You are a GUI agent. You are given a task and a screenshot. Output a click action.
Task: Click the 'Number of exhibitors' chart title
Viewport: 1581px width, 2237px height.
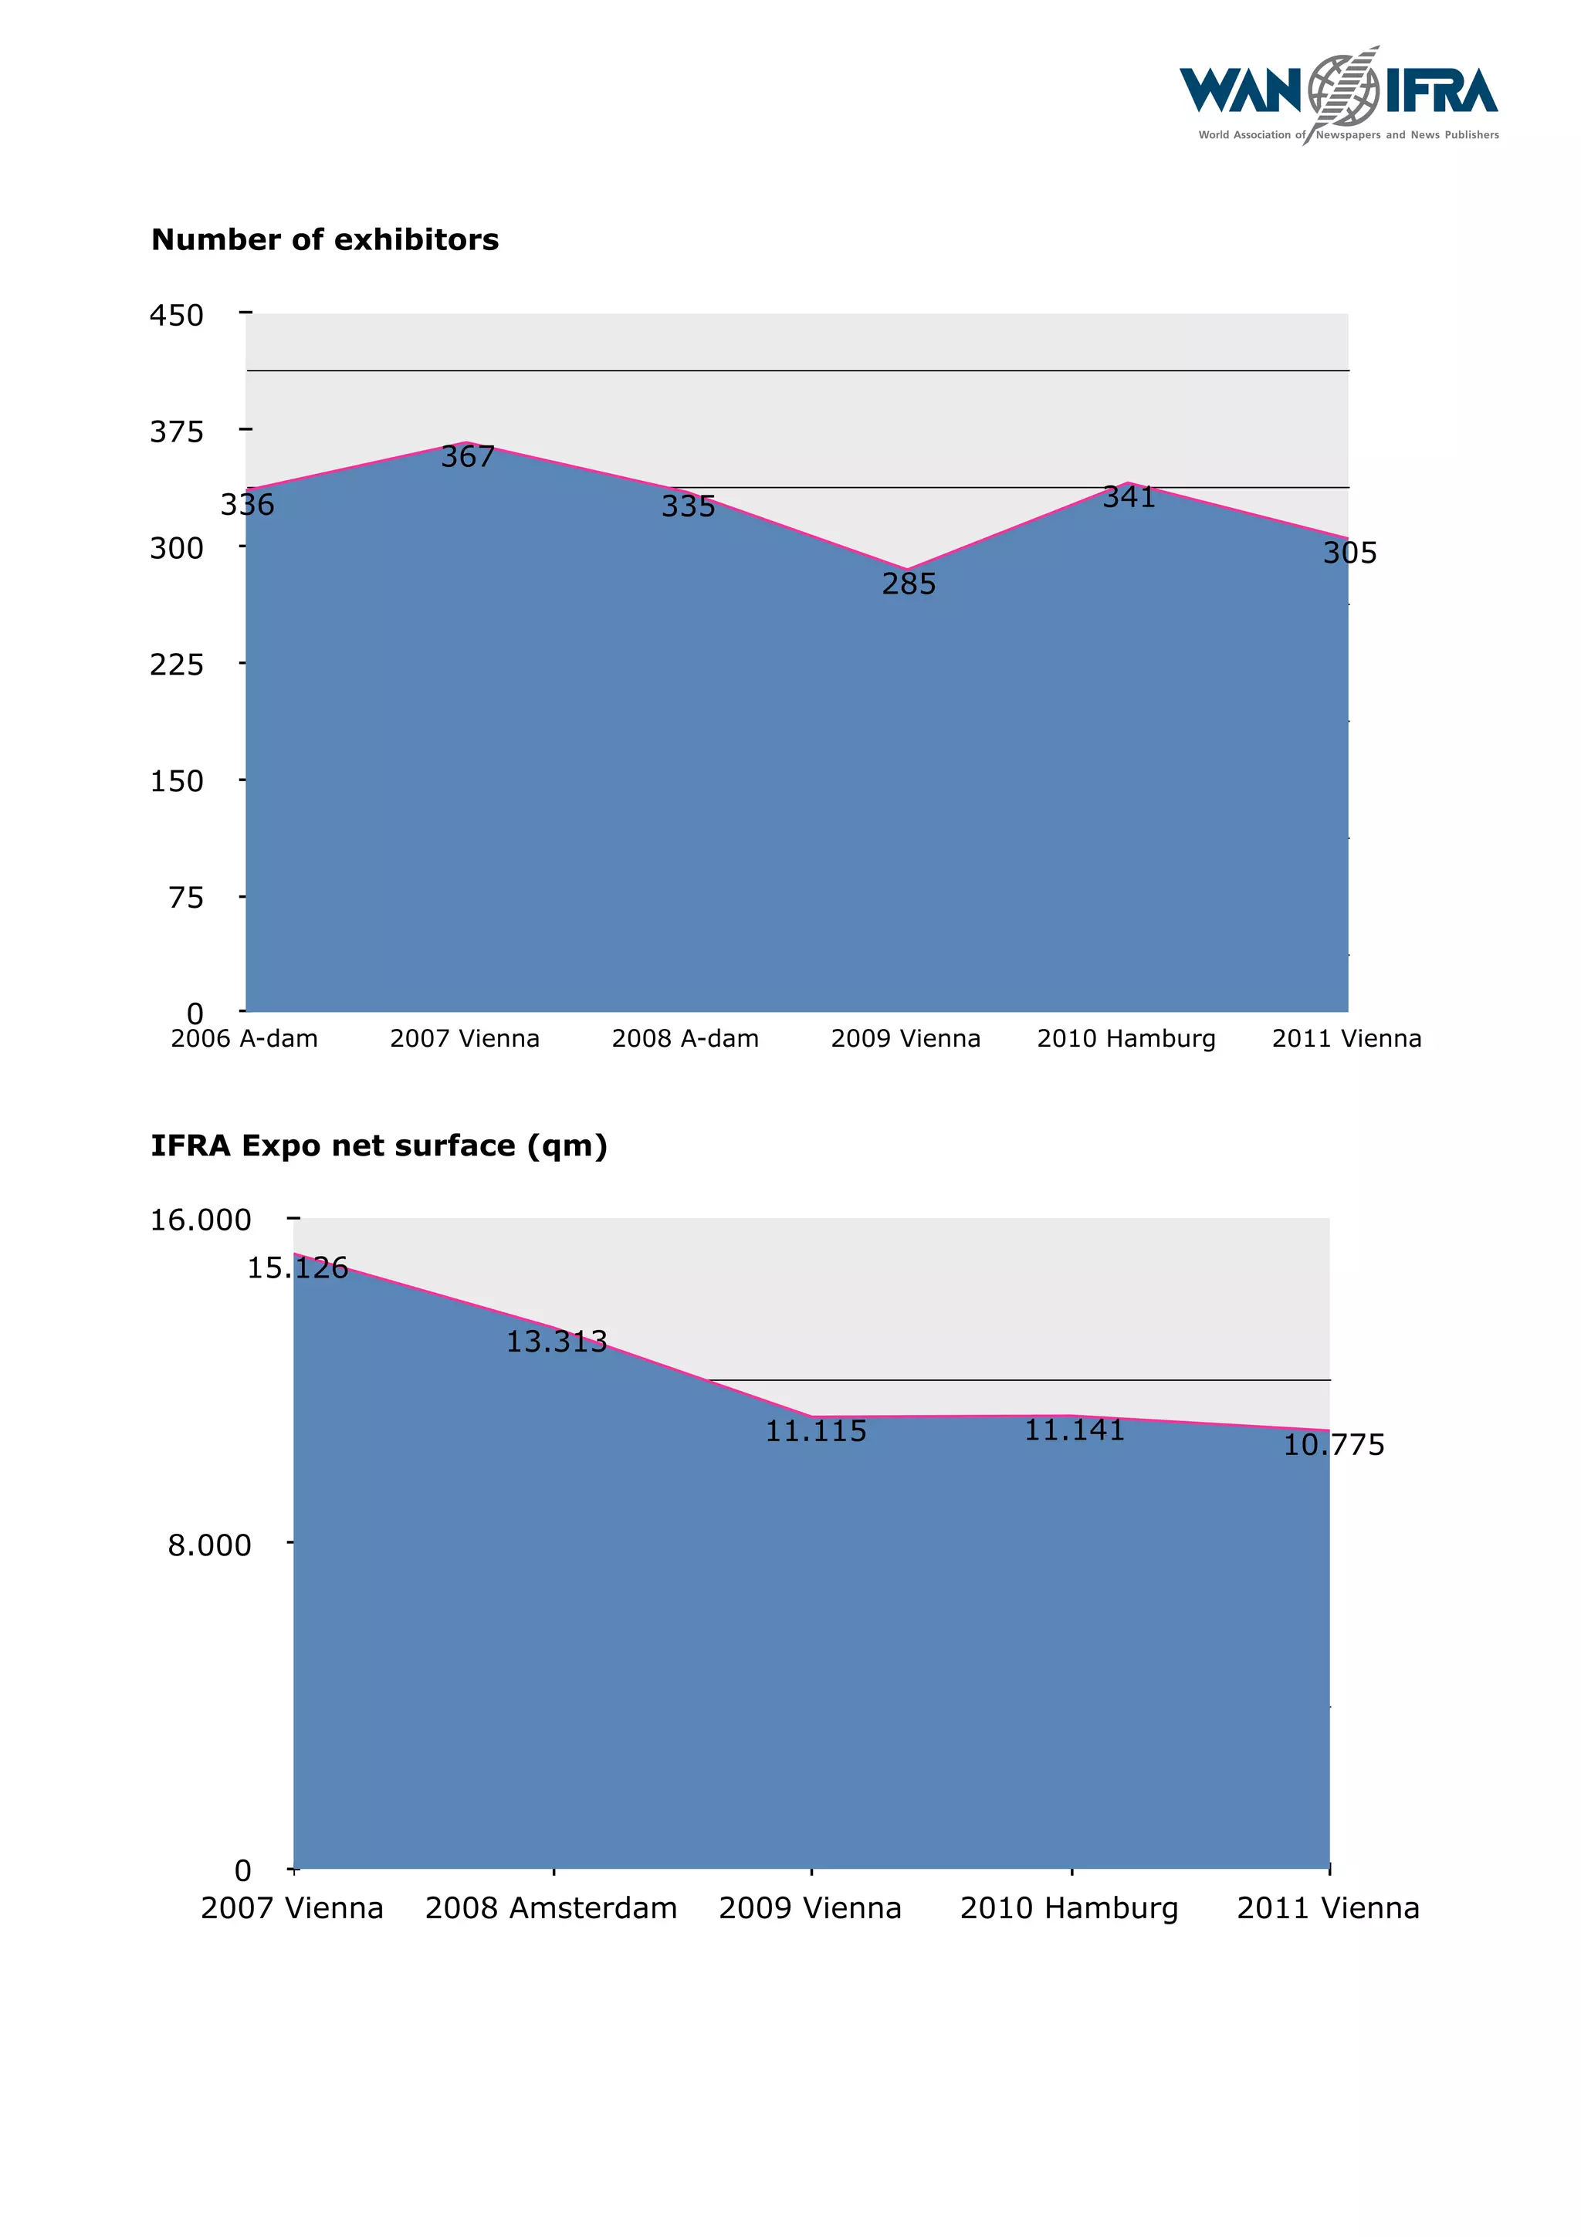[x=324, y=239]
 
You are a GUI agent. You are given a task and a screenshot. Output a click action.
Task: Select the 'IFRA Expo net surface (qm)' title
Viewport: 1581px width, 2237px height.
[x=379, y=1145]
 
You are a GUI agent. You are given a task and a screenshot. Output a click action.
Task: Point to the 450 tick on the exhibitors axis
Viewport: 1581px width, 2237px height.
[x=176, y=315]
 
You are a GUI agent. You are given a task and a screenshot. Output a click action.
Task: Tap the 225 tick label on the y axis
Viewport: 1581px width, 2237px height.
[x=176, y=665]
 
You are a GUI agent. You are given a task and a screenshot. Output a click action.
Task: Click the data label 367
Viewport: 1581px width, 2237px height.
[x=468, y=457]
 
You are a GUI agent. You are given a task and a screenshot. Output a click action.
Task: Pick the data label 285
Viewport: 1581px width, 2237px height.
[x=908, y=584]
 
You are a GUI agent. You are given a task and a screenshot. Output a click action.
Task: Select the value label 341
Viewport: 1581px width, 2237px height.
[x=1128, y=497]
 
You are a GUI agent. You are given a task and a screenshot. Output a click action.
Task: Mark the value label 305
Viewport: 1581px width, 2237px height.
[x=1349, y=553]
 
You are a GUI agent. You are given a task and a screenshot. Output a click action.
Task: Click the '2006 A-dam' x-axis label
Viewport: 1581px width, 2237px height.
[x=245, y=1039]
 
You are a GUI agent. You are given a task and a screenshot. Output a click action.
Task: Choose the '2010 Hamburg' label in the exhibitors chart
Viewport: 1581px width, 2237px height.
[x=1126, y=1039]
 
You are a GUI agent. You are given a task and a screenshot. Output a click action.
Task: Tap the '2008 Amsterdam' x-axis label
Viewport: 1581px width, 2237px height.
[x=551, y=1907]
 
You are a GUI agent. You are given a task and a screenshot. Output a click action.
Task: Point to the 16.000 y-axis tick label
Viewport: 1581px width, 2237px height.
[x=201, y=1220]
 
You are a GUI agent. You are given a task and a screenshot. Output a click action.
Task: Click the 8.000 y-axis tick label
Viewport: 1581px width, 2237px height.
[x=209, y=1545]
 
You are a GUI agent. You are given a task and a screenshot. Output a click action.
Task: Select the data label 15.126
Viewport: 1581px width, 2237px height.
[x=297, y=1267]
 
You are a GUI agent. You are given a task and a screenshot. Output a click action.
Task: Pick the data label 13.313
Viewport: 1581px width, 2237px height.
[x=557, y=1342]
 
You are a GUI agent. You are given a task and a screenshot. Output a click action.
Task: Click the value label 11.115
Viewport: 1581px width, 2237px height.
[x=815, y=1431]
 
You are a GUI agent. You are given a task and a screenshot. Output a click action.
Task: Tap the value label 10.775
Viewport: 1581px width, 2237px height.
[x=1332, y=1445]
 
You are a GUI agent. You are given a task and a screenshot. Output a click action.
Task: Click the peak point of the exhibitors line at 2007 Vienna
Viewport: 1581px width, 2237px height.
[x=465, y=442]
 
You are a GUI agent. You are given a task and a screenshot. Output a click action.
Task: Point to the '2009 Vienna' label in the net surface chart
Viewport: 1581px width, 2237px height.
[x=811, y=1907]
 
